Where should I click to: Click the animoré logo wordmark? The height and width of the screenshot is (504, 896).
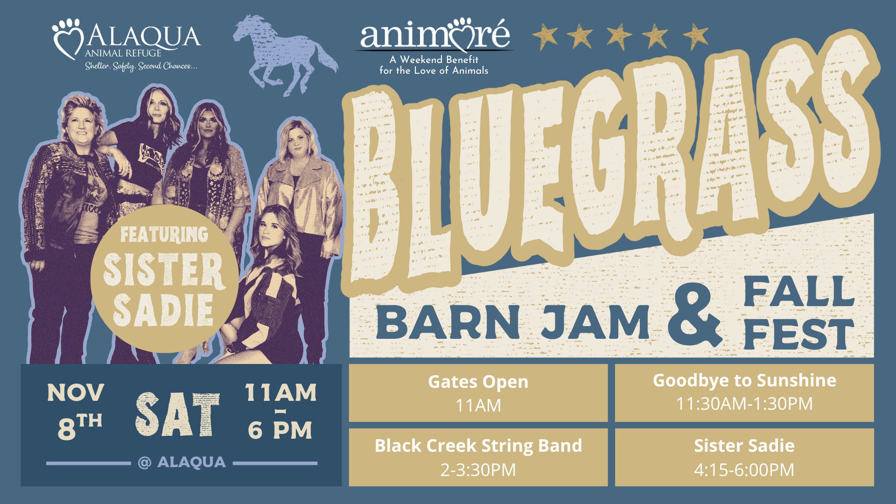pos(434,35)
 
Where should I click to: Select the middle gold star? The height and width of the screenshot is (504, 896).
pos(619,36)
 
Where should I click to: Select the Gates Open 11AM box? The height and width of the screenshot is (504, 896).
pos(478,392)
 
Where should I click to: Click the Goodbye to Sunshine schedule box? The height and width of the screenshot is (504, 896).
pos(744,392)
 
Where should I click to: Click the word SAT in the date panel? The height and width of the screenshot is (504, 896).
pos(178,414)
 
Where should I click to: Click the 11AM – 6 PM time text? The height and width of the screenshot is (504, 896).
pos(280,411)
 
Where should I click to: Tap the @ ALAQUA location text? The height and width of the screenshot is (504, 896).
pos(182,462)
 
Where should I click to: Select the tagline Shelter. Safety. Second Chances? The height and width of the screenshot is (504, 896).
pos(141,66)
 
